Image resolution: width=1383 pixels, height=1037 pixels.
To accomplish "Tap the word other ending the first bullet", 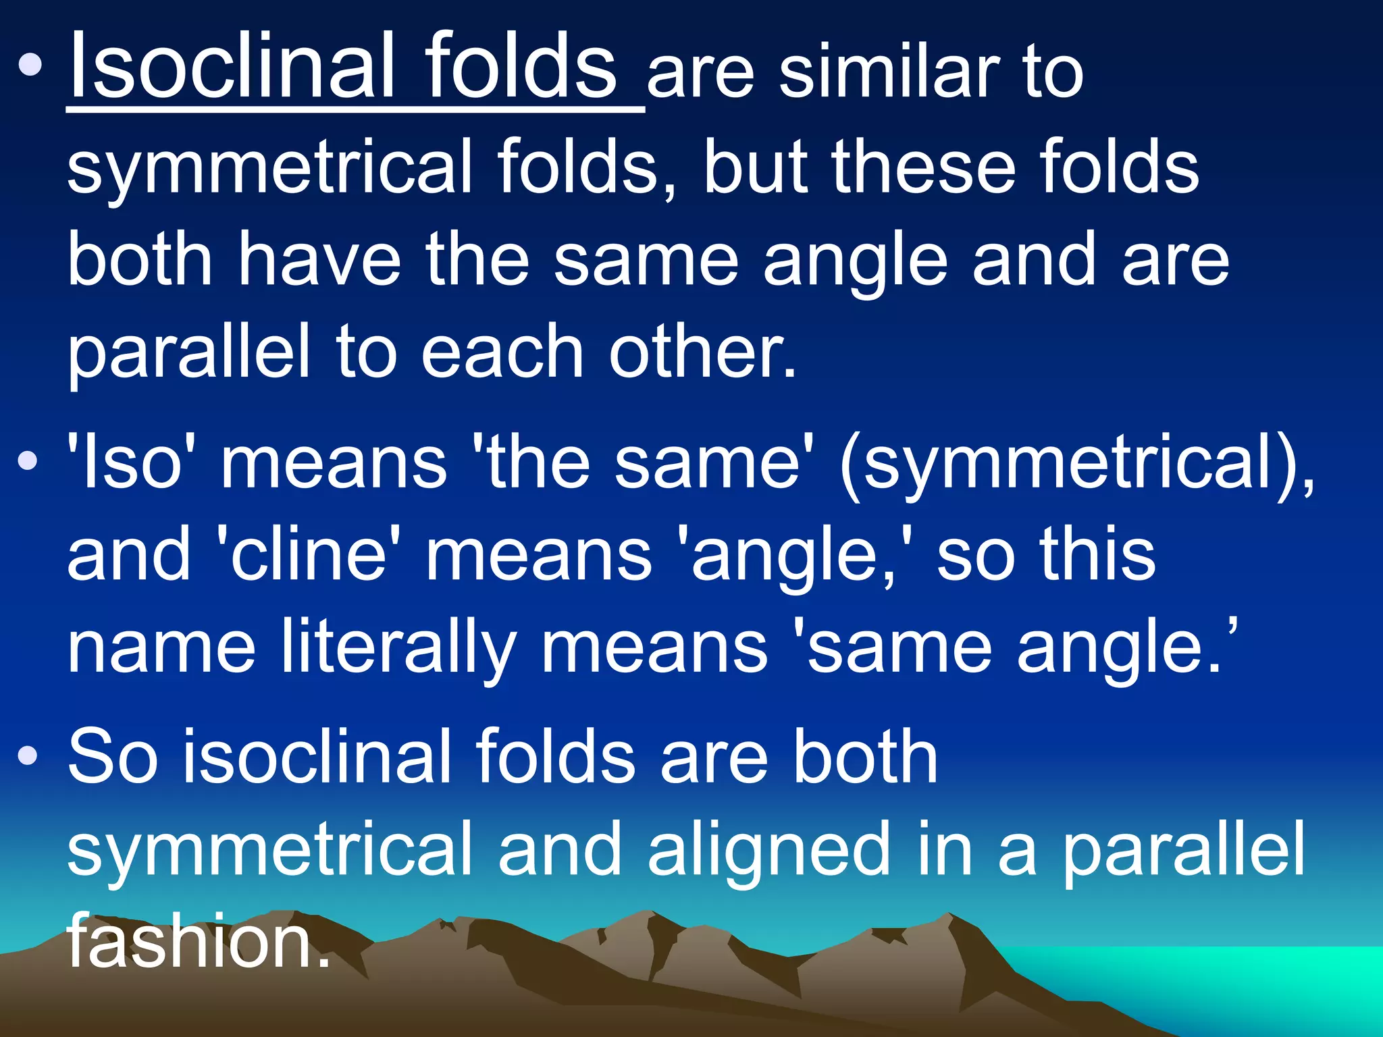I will click(x=702, y=351).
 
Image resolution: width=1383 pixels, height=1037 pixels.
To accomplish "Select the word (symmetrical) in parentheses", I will click(x=1074, y=466).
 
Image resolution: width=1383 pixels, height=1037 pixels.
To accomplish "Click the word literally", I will click(x=398, y=648).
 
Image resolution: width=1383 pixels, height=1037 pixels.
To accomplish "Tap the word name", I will click(x=161, y=648).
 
